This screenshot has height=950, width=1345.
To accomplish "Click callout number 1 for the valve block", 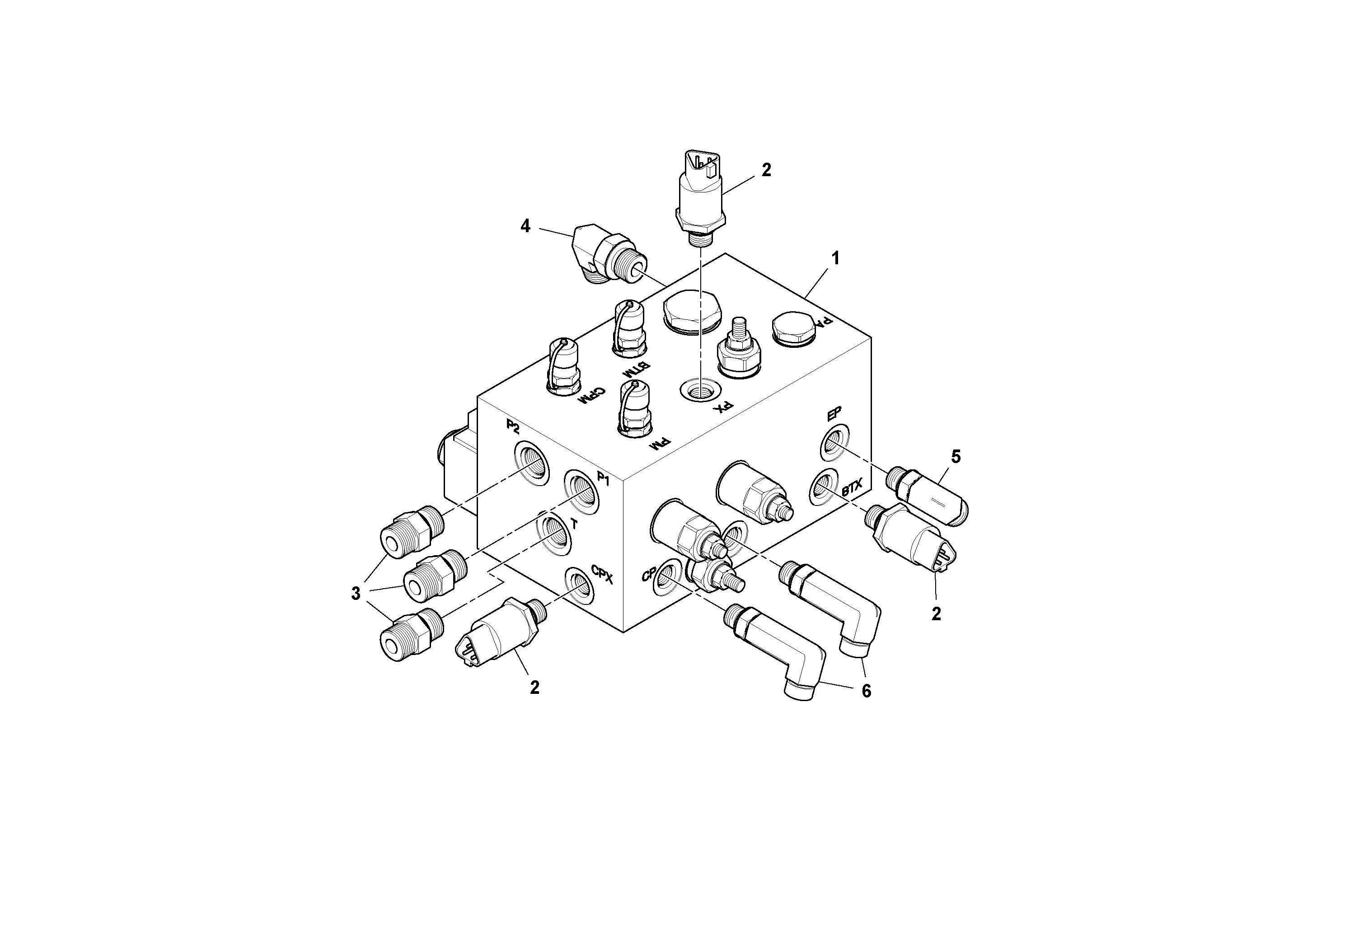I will (x=835, y=258).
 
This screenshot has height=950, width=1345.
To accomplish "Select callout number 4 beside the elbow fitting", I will (x=525, y=226).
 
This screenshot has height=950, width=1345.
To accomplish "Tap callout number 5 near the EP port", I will (x=956, y=456).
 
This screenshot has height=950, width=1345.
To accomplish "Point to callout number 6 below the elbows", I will (x=866, y=691).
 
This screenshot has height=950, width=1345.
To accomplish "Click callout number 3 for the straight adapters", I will (x=356, y=593).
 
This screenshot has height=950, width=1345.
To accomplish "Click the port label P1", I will (x=603, y=480).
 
